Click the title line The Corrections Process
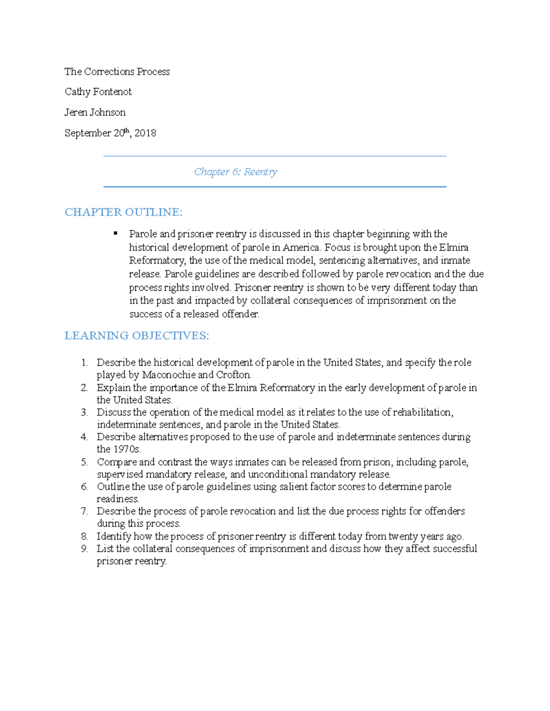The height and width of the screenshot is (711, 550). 117,71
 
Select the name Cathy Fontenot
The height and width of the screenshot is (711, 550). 98,92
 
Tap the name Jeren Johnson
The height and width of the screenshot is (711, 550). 95,112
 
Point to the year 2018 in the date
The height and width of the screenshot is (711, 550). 145,133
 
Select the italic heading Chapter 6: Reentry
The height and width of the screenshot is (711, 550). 235,172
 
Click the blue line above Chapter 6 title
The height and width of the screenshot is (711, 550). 275,156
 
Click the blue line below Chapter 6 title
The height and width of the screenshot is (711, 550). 275,187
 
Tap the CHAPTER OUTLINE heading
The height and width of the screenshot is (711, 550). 123,212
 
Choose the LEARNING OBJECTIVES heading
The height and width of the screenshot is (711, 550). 137,336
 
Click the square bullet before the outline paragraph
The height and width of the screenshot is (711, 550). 115,233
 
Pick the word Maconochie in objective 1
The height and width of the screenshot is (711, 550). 168,375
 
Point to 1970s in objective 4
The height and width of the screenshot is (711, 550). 127,449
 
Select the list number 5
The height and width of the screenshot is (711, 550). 84,462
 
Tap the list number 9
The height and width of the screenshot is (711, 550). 84,548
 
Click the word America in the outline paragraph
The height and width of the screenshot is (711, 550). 301,248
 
